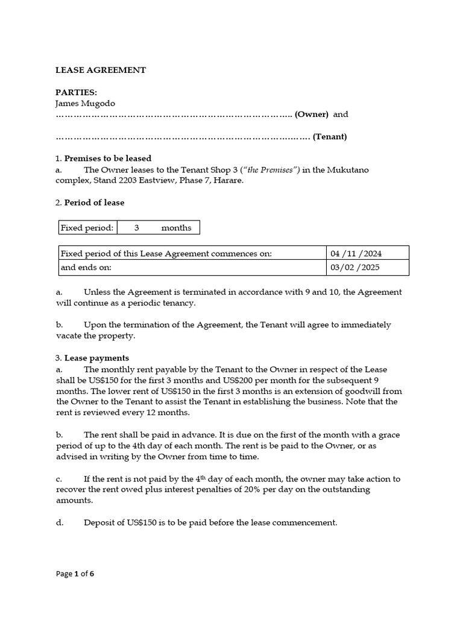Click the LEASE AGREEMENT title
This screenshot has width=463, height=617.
pos(101,70)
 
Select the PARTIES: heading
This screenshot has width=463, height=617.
pos(77,93)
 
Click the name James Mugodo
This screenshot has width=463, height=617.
pos(85,104)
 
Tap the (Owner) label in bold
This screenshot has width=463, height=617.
pos(311,114)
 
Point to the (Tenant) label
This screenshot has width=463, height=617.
pos(330,137)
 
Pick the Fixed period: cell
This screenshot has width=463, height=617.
pos(87,228)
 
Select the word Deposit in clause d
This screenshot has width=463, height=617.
pos(99,523)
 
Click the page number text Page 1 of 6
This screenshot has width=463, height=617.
pos(75,574)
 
